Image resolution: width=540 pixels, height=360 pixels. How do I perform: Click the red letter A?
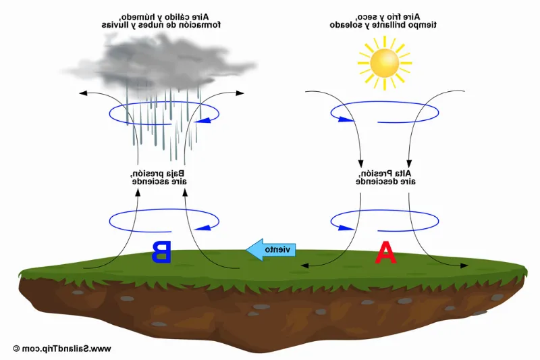385,252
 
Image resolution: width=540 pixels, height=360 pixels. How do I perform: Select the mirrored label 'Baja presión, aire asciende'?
159,177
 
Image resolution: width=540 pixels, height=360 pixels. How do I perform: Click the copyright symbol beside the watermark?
16,349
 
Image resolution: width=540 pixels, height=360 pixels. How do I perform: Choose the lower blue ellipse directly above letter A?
384,220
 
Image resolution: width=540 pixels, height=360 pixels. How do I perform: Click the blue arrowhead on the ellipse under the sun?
344,120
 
